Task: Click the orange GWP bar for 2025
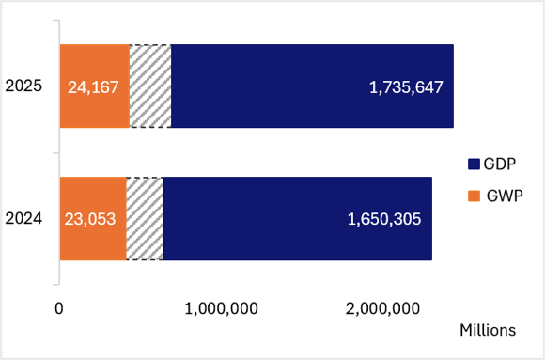click(x=95, y=86)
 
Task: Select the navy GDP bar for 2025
click(x=313, y=86)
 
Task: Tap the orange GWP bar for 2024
click(x=93, y=218)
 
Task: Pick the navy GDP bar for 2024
click(x=298, y=218)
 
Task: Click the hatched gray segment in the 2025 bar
click(x=150, y=86)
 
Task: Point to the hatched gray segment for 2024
click(x=145, y=218)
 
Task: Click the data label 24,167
click(x=93, y=87)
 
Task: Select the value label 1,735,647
click(x=406, y=87)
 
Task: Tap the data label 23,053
click(x=90, y=219)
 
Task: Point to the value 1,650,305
click(x=384, y=219)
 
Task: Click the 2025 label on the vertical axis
click(x=23, y=86)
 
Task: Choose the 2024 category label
click(x=23, y=218)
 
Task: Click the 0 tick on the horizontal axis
click(x=59, y=308)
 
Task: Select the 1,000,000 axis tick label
click(x=221, y=309)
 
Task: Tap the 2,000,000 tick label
click(x=382, y=309)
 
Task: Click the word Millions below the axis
click(x=488, y=330)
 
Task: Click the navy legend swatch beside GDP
click(x=474, y=164)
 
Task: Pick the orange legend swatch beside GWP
click(x=474, y=196)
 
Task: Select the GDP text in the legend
click(x=500, y=164)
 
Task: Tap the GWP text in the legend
click(x=505, y=196)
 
